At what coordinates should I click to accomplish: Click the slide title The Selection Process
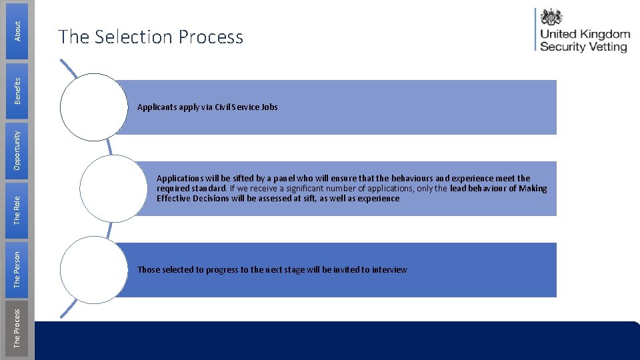[151, 37]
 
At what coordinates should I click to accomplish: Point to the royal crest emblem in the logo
[551, 17]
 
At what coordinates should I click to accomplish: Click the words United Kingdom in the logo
[584, 34]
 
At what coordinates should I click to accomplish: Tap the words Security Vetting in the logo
[583, 47]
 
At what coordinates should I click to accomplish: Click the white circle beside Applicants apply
[93, 107]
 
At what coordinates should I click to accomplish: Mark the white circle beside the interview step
[93, 269]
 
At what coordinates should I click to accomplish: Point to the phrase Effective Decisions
[193, 198]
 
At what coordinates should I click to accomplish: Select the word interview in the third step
[389, 269]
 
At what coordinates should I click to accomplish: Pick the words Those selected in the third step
[161, 269]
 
